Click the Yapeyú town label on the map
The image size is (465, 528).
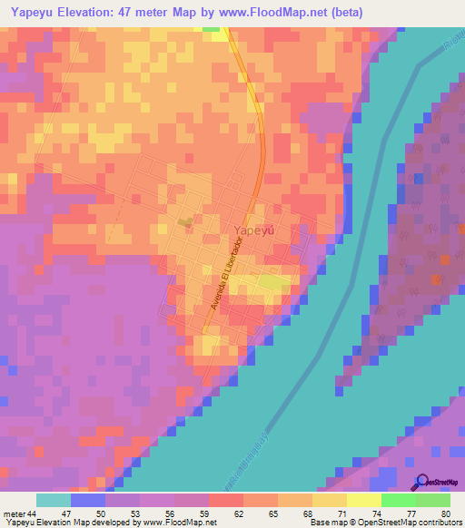[x=254, y=230]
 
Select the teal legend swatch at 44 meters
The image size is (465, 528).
[x=53, y=500]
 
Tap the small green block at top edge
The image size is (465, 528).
[x=212, y=28]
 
